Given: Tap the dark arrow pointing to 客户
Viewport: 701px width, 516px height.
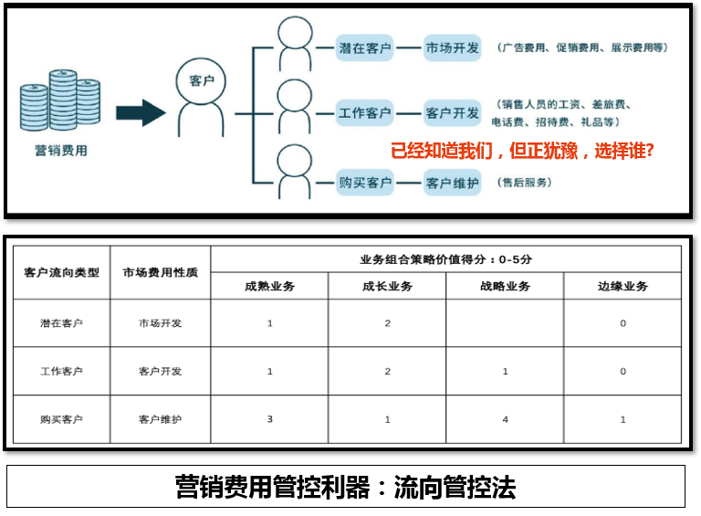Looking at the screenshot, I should click(x=141, y=113).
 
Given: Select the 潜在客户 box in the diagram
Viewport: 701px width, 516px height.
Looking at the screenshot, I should click(x=365, y=47).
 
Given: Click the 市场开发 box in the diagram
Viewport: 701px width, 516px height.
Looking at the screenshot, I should click(x=452, y=47).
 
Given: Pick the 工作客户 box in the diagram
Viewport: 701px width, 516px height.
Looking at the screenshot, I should click(x=365, y=114).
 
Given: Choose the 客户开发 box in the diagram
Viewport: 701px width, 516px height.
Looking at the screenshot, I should click(x=452, y=114).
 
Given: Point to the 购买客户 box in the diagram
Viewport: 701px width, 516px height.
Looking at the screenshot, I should click(x=365, y=183).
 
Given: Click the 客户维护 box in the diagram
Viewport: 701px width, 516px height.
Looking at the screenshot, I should click(x=452, y=183).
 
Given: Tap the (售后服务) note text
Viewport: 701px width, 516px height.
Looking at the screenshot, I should click(x=525, y=183).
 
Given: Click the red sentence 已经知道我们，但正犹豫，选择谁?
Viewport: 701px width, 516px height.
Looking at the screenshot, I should click(x=521, y=151).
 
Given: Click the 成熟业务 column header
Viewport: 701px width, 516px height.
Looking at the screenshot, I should click(x=270, y=286).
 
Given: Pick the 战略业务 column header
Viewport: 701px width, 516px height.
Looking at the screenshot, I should click(x=505, y=286).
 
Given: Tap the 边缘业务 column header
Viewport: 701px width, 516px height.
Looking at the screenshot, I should click(x=623, y=286).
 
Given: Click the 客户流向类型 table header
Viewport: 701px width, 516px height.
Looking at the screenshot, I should click(x=61, y=272).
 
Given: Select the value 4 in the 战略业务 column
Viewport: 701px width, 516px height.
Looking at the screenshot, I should click(x=505, y=419).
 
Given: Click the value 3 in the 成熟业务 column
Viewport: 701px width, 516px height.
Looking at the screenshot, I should click(x=270, y=419).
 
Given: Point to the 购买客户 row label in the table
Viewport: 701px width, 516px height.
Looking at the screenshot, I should click(x=61, y=419).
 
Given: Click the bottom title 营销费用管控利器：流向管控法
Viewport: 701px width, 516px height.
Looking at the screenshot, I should click(x=346, y=488).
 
